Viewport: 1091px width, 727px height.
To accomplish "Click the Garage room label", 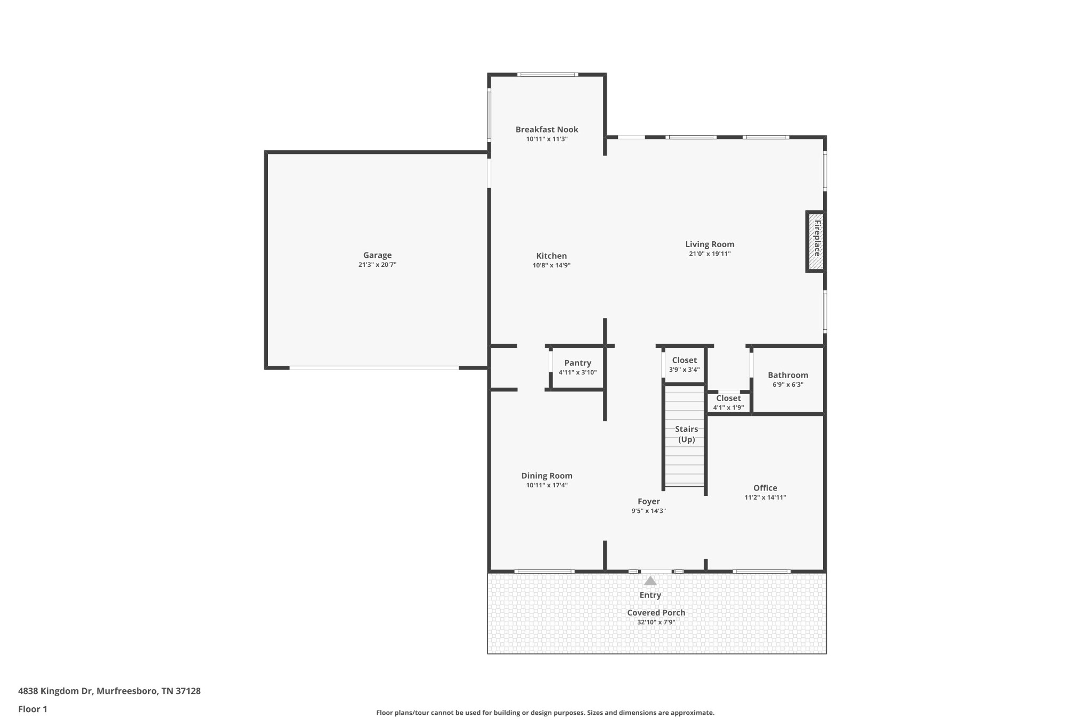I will (377, 255).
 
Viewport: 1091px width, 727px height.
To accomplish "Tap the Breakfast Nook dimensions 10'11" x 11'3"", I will (547, 139).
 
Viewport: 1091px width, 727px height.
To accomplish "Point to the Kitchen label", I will (551, 256).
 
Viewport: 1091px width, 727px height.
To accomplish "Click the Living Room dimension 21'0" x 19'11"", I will (710, 254).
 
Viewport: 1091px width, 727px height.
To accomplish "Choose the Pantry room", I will (577, 367).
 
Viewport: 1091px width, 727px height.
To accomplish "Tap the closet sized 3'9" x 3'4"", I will (684, 365).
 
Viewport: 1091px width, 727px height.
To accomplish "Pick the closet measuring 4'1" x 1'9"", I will (728, 403).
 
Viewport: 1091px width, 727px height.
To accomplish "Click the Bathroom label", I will (788, 375).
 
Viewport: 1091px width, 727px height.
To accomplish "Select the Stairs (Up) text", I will (686, 434).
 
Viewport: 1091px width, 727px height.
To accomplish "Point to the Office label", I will (765, 488).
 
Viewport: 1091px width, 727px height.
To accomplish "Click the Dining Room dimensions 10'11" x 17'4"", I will (547, 485).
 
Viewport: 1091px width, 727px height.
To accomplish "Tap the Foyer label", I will (648, 501).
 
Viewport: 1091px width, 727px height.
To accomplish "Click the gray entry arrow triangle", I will (650, 581).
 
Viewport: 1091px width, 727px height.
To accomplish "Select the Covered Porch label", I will (656, 612).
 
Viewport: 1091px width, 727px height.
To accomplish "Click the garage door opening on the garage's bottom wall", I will (374, 368).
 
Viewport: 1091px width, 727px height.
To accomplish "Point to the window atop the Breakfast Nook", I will (547, 75).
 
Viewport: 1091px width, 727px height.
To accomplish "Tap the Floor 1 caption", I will (32, 709).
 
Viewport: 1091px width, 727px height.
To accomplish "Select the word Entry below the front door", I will (650, 595).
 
